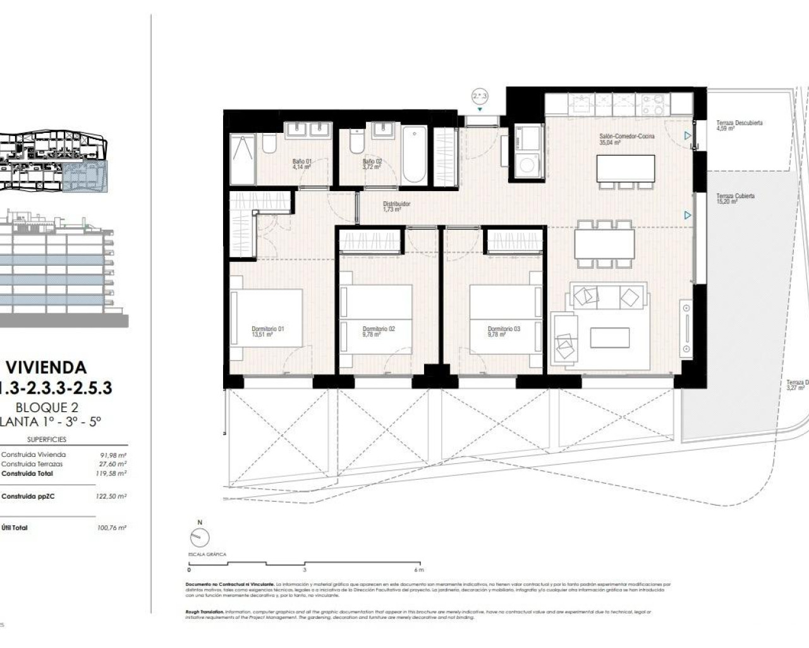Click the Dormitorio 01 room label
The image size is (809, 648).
point(267,332)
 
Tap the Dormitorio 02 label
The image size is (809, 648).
point(379,332)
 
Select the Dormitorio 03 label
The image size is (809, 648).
point(504,332)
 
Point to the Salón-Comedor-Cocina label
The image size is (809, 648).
point(626,139)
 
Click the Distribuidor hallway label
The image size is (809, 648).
point(396,206)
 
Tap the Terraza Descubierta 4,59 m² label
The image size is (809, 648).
point(739,125)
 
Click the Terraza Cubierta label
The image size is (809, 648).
point(735,199)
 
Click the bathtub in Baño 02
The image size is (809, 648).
point(415,154)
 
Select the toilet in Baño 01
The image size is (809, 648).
point(268,145)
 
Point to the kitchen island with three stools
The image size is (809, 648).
point(625,168)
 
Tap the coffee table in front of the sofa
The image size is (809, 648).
point(609,337)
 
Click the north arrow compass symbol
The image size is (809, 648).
point(200,538)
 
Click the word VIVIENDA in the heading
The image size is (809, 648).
point(46,368)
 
